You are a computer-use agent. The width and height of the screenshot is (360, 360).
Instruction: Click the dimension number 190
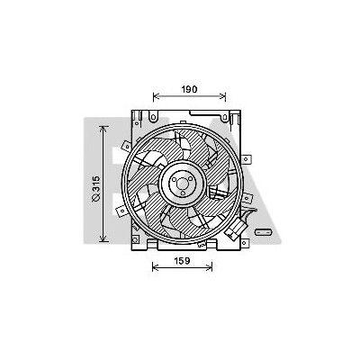[x=189, y=89]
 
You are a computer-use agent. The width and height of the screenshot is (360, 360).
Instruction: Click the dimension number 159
[x=183, y=261]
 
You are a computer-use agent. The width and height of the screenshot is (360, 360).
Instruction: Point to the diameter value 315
[x=95, y=184]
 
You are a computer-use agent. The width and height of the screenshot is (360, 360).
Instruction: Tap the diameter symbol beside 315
[x=95, y=197]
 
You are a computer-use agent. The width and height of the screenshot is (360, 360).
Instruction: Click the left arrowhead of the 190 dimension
[x=156, y=96]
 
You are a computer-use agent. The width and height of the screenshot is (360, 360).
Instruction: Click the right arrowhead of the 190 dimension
[x=223, y=96]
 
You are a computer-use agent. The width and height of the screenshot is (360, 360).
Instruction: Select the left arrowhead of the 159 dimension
[x=155, y=267]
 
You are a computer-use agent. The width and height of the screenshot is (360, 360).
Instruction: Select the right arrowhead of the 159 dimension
[x=210, y=267]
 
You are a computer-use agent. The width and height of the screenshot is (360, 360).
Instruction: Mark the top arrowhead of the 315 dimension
[x=103, y=129]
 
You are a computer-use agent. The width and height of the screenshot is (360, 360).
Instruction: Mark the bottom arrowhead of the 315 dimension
[x=103, y=239]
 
